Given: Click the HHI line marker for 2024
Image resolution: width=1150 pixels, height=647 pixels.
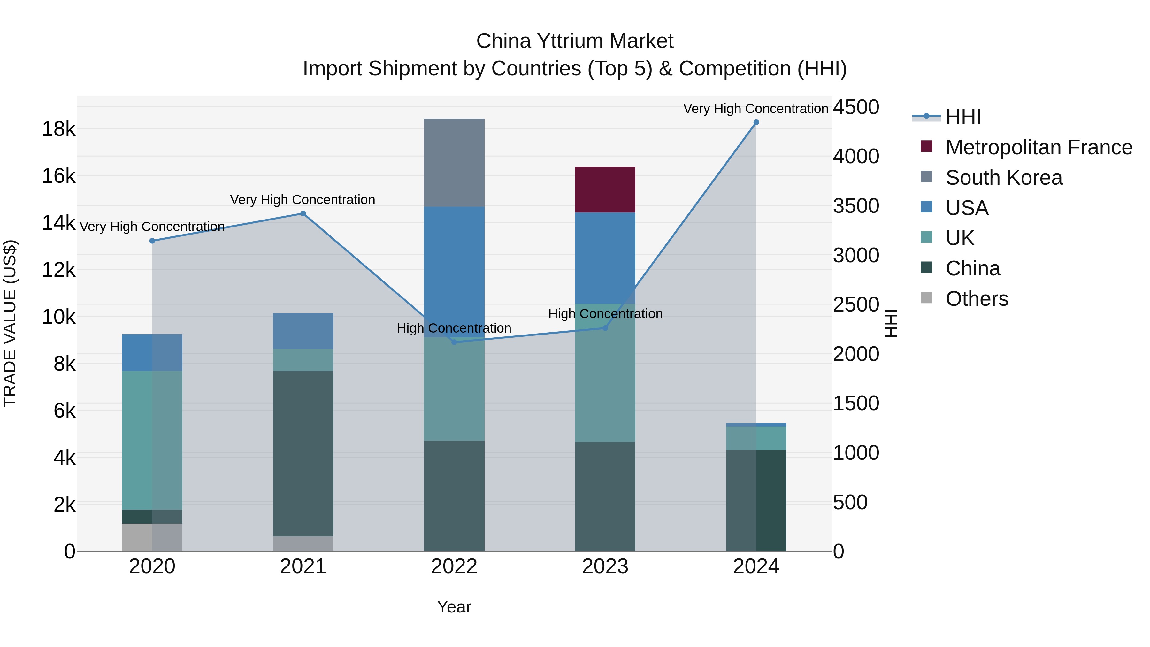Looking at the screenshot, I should pos(756,122).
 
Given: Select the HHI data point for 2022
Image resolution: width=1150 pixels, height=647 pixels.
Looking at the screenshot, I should pos(454,342).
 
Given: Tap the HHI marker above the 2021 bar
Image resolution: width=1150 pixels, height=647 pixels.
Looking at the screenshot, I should pos(303,213).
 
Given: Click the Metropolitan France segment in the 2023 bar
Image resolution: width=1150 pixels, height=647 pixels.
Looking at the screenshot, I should pos(605,190).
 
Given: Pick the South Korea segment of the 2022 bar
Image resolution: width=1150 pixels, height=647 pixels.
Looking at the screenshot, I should pos(454,163).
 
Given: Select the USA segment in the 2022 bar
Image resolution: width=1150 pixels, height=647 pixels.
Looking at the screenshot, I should pos(454,268).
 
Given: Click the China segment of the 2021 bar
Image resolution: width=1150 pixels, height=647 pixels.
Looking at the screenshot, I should pos(303,453).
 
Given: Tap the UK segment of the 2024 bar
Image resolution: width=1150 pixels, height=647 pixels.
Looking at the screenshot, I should pos(756,438).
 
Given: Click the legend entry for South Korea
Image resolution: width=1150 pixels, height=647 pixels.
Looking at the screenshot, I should pos(1004,178).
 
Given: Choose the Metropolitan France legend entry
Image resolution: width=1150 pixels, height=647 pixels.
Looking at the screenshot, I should pos(1039,147).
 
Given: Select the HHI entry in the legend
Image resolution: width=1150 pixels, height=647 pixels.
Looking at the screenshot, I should pos(963,117).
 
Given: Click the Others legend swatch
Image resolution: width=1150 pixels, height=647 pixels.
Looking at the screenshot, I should pos(926,298).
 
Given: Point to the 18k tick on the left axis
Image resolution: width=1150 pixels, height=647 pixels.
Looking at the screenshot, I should pos(58,129).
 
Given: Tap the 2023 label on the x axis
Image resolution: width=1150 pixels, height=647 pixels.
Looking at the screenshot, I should pos(605,566).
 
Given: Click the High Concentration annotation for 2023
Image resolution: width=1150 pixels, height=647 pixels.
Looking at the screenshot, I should pos(605,314).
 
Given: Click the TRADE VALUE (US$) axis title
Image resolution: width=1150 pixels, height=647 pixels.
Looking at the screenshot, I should pos(10,323).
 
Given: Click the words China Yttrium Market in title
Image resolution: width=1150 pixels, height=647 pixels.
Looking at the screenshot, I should pos(575,41).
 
